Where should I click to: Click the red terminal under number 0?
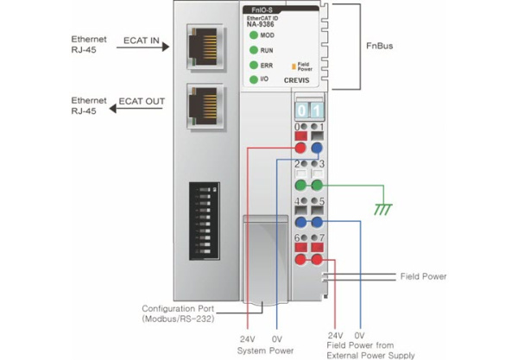click(300, 148)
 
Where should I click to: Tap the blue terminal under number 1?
click(317, 148)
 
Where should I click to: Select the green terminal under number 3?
click(317, 185)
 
